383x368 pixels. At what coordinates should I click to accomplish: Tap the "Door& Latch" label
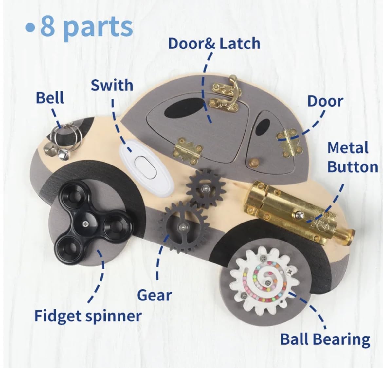click(x=214, y=44)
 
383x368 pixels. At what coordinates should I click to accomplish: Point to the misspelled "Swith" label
click(x=112, y=85)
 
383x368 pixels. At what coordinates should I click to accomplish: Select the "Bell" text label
click(x=50, y=98)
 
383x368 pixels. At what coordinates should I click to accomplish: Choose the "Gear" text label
click(x=154, y=295)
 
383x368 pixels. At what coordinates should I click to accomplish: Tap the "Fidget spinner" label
click(x=88, y=316)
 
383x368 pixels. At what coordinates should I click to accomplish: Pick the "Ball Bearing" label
click(x=325, y=339)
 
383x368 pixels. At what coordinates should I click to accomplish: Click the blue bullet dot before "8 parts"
click(x=30, y=28)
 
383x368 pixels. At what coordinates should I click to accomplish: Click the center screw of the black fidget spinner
click(x=85, y=224)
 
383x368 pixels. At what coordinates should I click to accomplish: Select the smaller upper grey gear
click(x=204, y=188)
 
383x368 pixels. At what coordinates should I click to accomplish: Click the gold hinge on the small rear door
click(x=288, y=142)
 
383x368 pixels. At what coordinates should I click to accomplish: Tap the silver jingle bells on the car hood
click(x=61, y=140)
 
